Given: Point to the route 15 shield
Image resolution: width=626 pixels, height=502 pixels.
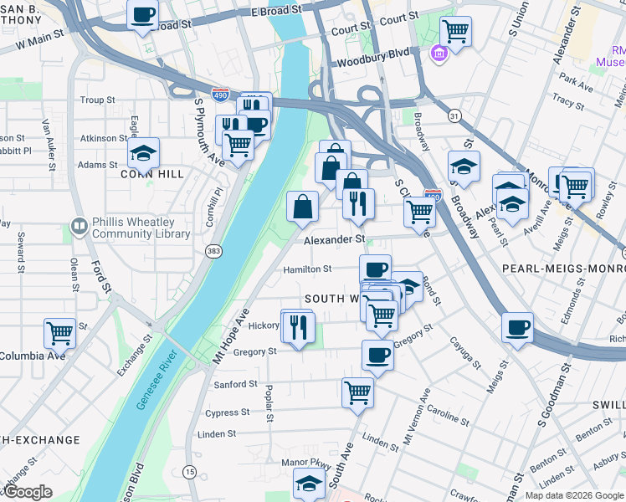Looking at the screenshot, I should (x=190, y=473).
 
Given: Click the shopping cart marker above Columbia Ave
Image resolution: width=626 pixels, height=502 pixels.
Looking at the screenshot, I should (x=59, y=332).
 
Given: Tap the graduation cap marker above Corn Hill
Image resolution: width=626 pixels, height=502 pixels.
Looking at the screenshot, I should (x=143, y=152).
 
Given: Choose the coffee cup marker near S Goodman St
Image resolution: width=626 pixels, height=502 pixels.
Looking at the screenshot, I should (x=518, y=326).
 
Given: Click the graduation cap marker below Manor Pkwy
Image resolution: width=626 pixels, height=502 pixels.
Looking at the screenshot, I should (x=309, y=483).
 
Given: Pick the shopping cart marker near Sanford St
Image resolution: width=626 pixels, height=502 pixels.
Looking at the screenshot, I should (x=357, y=391).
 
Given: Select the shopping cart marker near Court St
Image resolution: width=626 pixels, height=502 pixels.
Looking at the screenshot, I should (x=455, y=31).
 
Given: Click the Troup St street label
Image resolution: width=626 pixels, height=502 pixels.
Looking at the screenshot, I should (x=97, y=100).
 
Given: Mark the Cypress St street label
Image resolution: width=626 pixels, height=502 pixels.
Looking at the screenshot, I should (x=227, y=412).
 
